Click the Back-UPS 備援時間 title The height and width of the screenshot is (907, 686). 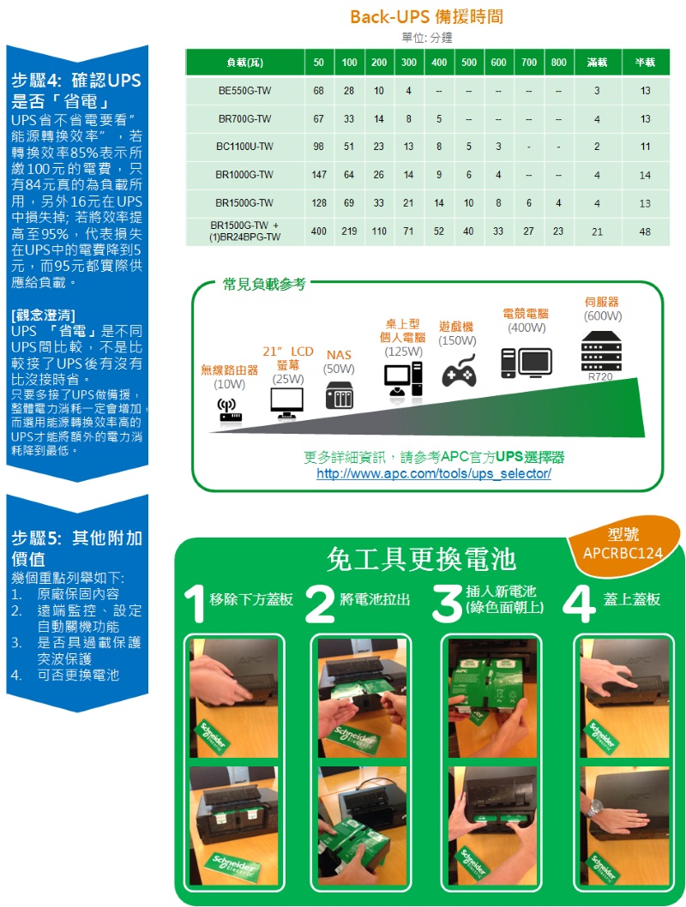[426, 17]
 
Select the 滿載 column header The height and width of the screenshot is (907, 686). [598, 62]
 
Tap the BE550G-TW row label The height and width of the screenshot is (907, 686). [244, 91]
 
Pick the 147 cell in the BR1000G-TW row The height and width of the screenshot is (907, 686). [319, 175]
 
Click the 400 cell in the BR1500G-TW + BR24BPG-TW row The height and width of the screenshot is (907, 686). [319, 231]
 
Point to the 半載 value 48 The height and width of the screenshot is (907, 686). [645, 232]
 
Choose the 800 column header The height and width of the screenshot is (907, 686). [559, 62]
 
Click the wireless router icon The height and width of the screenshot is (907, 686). [229, 409]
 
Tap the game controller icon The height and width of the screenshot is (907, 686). [460, 371]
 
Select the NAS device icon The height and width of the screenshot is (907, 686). [340, 395]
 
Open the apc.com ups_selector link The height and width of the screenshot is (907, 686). [434, 473]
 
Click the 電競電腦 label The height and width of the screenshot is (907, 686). [525, 314]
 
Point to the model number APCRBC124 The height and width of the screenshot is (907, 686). [623, 554]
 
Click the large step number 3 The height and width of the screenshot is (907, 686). [447, 604]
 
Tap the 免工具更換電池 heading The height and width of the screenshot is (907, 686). [421, 559]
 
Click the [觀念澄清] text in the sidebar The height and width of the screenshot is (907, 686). [44, 315]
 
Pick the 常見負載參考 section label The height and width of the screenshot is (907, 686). [264, 284]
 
